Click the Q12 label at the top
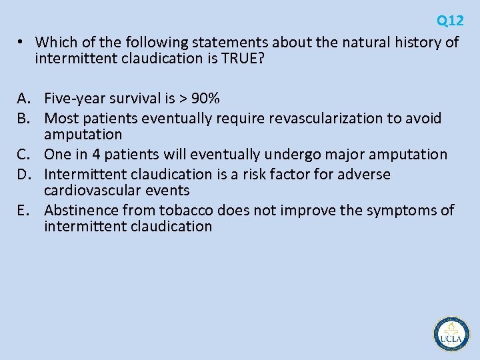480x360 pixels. [450, 21]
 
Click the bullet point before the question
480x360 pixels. [21, 42]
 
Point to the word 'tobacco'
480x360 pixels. [187, 211]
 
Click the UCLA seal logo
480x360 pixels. [451, 333]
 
